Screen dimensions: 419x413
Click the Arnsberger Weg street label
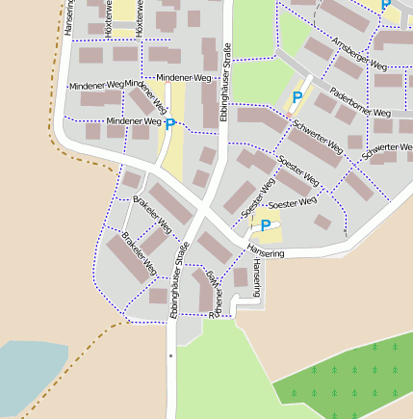pos(359,56)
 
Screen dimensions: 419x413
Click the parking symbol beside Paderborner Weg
pos(297,98)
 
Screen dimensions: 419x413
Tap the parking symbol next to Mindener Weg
pos(170,124)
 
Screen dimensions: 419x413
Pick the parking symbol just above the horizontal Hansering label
pos(266,225)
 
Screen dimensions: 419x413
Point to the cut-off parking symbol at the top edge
pos(386,6)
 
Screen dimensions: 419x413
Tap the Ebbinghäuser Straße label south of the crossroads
pos(178,280)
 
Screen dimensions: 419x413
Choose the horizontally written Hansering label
pos(266,252)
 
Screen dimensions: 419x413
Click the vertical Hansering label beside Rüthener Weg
pos(257,278)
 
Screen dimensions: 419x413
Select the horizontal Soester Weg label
pos(293,204)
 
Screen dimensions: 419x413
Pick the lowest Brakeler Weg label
pos(140,253)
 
